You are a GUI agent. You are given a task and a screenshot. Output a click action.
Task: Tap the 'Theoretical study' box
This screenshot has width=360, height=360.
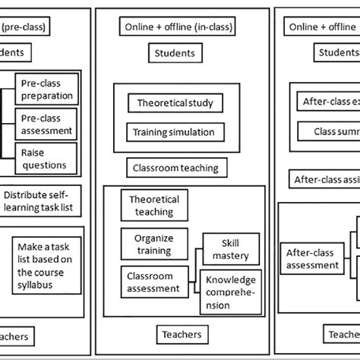(175, 103)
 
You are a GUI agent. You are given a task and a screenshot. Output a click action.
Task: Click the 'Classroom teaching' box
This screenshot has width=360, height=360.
(175, 168)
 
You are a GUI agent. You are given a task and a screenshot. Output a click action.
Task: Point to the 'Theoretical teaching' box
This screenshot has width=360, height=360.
(154, 206)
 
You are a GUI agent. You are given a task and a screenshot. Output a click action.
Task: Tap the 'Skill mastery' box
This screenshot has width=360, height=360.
(230, 249)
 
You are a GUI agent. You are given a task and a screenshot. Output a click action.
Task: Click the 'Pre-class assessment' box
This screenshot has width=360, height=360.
(47, 124)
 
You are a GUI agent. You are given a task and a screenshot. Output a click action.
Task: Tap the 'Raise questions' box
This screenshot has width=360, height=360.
(47, 158)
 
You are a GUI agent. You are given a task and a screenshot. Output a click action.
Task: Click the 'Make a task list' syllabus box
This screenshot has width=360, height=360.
(47, 267)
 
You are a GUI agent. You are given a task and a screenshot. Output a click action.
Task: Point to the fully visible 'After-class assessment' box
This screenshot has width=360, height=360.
(311, 259)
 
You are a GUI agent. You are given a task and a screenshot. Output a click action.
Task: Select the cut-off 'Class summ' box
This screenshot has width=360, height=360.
(326, 132)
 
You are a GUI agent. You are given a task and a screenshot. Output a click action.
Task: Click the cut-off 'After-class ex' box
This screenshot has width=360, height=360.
(326, 99)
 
